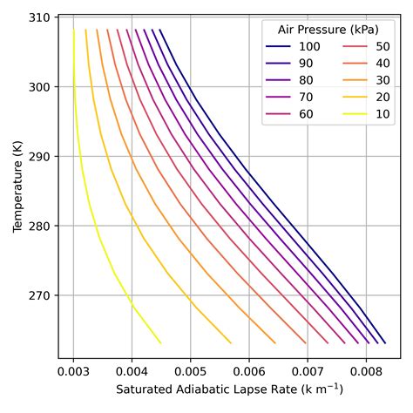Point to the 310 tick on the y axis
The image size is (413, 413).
41,17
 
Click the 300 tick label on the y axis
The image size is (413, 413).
41,87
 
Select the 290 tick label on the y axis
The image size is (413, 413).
41,157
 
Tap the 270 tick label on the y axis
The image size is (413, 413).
41,295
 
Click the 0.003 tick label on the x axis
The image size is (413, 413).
73,370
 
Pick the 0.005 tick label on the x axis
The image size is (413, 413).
190,370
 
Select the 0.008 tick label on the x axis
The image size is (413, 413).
365,370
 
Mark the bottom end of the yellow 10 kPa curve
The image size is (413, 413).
160,342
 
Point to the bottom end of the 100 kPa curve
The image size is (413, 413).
385,342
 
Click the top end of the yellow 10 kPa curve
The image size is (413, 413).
73,30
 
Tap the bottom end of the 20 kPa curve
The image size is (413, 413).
231,342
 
